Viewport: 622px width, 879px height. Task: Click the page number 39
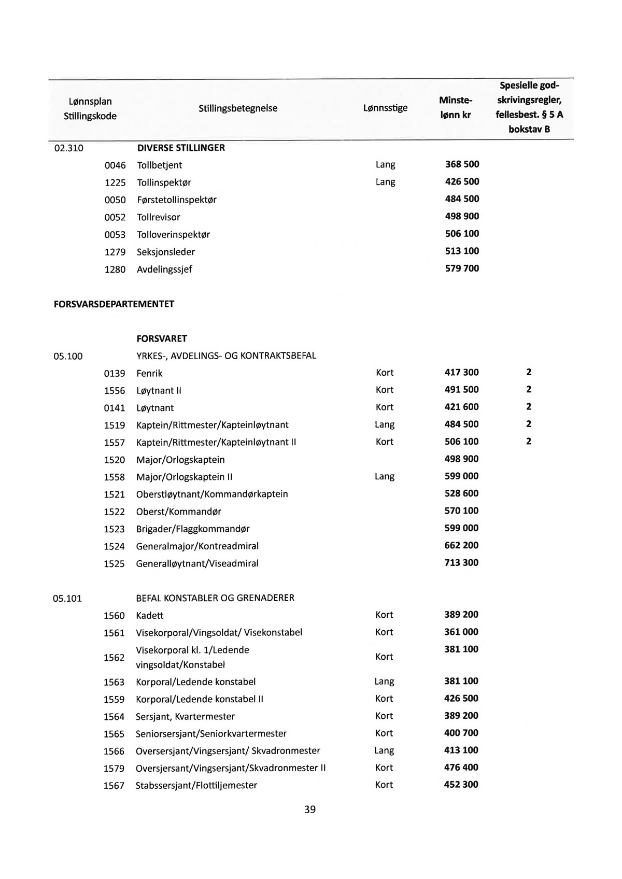pyautogui.click(x=310, y=809)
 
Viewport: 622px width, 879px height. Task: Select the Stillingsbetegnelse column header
pyautogui.click(x=238, y=108)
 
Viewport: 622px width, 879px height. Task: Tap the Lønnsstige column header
pyautogui.click(x=385, y=108)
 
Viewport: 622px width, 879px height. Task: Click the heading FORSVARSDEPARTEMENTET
pyautogui.click(x=114, y=304)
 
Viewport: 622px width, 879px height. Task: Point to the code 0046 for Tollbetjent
pyautogui.click(x=115, y=165)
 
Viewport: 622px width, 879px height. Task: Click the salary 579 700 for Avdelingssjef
pyautogui.click(x=462, y=268)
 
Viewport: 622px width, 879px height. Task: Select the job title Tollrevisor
pyautogui.click(x=159, y=217)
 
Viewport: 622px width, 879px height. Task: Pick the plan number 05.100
pyautogui.click(x=68, y=356)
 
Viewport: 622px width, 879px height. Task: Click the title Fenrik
pyautogui.click(x=149, y=373)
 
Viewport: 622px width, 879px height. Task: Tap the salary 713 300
pyautogui.click(x=461, y=563)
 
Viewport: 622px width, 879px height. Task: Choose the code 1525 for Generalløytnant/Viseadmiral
pyautogui.click(x=115, y=564)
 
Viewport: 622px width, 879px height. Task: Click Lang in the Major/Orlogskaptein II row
pyautogui.click(x=385, y=476)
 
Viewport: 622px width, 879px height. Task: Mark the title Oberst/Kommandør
pyautogui.click(x=179, y=512)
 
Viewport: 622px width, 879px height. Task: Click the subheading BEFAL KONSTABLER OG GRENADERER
pyautogui.click(x=215, y=598)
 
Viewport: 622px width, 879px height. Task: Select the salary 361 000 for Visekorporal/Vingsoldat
pyautogui.click(x=461, y=632)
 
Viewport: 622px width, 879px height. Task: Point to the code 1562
pyautogui.click(x=114, y=657)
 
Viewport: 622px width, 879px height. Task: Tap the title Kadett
pyautogui.click(x=150, y=616)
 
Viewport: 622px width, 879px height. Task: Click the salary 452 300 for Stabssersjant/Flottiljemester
pyautogui.click(x=461, y=785)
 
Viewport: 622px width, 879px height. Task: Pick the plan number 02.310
pyautogui.click(x=68, y=148)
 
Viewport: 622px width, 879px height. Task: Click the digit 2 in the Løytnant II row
pyautogui.click(x=529, y=390)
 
